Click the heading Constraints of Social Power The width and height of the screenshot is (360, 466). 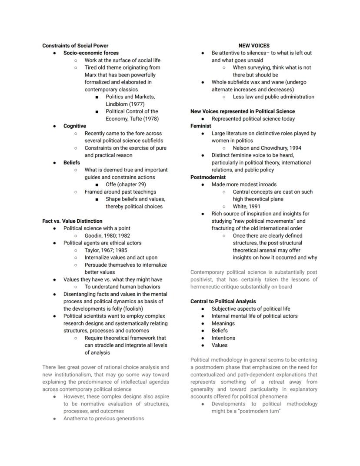point(75,45)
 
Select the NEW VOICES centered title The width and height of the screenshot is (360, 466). point(254,45)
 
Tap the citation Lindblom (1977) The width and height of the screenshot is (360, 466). point(125,104)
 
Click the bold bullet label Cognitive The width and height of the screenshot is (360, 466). point(74,126)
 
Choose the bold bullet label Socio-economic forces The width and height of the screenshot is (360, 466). point(91,53)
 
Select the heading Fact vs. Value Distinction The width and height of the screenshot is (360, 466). point(72,221)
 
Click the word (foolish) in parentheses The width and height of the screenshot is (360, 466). point(122,308)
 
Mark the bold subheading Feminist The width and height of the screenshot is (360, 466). point(200,126)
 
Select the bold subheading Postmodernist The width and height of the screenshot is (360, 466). point(208,177)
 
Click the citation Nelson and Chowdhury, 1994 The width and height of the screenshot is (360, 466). point(267,148)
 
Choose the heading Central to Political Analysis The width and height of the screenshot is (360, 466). point(223,301)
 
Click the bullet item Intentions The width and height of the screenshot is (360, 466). point(223,338)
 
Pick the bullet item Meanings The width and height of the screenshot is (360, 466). point(223,323)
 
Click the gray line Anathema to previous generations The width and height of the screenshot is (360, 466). point(103,419)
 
